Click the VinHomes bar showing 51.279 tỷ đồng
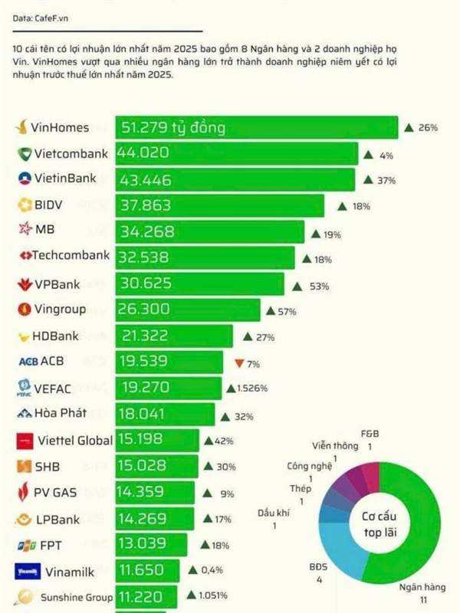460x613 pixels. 257,127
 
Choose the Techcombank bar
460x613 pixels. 205,257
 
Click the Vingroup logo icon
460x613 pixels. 24,310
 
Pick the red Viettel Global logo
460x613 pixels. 25,441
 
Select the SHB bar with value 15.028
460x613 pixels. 157,467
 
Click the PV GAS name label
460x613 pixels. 57,493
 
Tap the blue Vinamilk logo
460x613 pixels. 25,571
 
